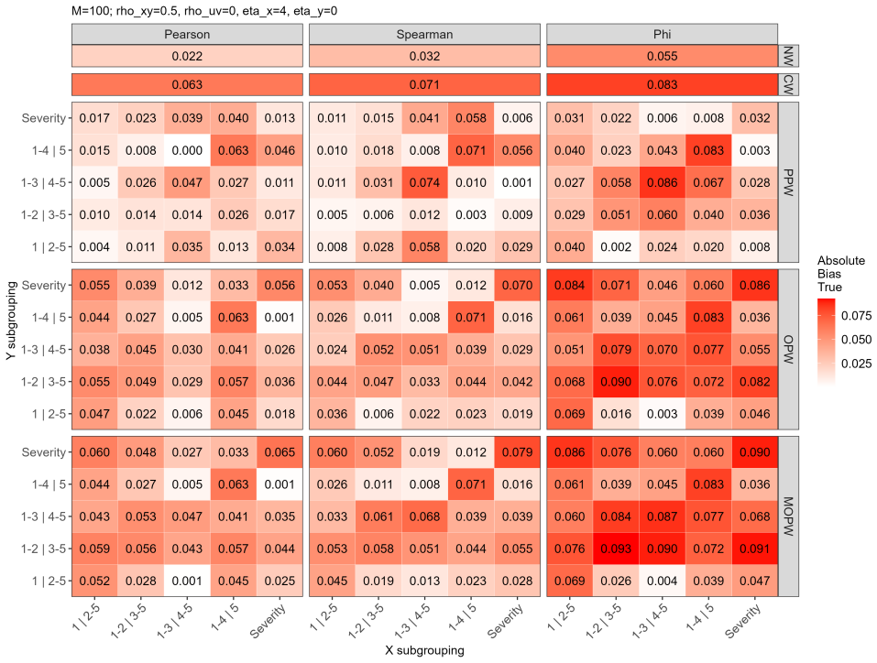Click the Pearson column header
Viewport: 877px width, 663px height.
click(x=187, y=34)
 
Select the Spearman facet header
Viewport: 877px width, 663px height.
click(x=424, y=34)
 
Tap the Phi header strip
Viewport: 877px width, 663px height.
click(x=663, y=34)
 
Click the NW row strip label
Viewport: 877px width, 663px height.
click(x=788, y=56)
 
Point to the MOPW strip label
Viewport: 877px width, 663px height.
click(x=788, y=516)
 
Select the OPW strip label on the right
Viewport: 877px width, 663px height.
click(x=788, y=350)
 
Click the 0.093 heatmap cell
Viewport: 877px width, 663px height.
click(x=616, y=549)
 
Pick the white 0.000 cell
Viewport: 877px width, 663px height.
click(x=187, y=150)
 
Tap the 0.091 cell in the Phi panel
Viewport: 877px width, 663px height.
click(x=754, y=549)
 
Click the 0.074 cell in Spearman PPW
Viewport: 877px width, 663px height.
click(x=424, y=183)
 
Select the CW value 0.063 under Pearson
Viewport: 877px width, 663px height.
click(x=187, y=85)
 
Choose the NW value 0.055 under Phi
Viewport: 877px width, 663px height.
click(x=663, y=56)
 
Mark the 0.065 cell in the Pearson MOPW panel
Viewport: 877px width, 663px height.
click(x=280, y=452)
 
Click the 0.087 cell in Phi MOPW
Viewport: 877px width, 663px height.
click(x=663, y=516)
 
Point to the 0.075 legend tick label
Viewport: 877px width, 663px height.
click(x=856, y=316)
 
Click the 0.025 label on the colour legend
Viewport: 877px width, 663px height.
click(x=856, y=364)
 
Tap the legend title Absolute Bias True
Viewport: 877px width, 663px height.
click(x=833, y=274)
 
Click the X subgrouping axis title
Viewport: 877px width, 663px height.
click(x=424, y=650)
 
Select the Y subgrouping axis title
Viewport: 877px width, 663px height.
click(x=11, y=321)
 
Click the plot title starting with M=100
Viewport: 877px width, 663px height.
click(x=204, y=11)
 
